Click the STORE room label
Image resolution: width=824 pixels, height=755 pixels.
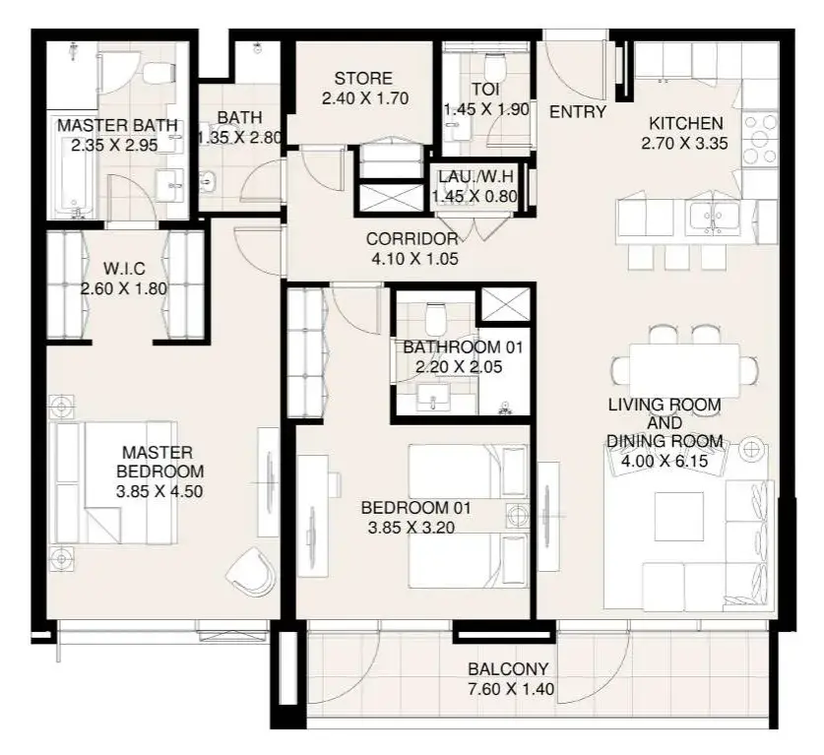click(x=363, y=79)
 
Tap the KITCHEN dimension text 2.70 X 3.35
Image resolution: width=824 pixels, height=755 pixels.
click(x=684, y=143)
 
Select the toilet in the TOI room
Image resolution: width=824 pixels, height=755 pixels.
click(x=494, y=68)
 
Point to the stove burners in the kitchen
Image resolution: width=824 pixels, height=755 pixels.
click(x=759, y=139)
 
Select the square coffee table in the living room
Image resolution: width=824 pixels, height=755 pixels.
click(x=679, y=516)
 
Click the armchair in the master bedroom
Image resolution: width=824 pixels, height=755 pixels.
click(x=251, y=572)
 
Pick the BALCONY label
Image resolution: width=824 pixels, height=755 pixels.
click(x=508, y=668)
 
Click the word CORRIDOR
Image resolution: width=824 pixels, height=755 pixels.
click(x=412, y=239)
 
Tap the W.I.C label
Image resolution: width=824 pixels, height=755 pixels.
click(x=124, y=269)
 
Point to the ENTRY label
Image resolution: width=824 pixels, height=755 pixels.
click(x=578, y=112)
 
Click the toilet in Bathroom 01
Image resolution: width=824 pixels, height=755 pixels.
click(x=436, y=318)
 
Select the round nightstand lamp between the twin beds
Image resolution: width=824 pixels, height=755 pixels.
click(x=518, y=515)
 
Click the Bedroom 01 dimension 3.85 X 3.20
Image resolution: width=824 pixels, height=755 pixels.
click(x=412, y=527)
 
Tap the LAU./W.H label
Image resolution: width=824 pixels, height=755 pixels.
click(x=475, y=176)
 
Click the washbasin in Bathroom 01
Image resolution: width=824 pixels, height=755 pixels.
click(x=433, y=398)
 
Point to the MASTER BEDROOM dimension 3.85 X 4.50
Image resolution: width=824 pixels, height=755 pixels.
click(x=159, y=491)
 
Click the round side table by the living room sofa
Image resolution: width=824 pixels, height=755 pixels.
click(x=751, y=449)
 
